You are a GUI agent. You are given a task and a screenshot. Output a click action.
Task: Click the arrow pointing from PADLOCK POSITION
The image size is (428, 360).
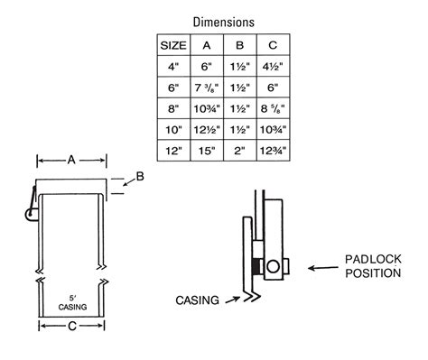321,268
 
